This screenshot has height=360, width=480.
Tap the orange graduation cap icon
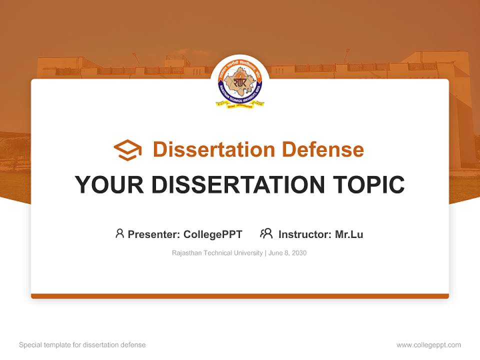tap(127, 150)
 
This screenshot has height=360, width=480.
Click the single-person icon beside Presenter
tap(119, 233)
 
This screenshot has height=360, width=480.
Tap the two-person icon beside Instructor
tap(266, 233)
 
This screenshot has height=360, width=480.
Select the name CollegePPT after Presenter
tap(213, 234)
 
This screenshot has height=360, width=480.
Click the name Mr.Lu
tap(349, 234)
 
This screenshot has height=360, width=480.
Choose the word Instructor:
tap(305, 234)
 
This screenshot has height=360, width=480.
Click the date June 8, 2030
tap(287, 253)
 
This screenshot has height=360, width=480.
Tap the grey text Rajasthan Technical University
tap(217, 253)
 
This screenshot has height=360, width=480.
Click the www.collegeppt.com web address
tap(428, 345)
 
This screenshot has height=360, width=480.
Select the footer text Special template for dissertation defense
tap(82, 345)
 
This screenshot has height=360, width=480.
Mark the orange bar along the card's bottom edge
tap(240, 296)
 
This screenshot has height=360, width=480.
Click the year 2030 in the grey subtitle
tap(299, 253)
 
